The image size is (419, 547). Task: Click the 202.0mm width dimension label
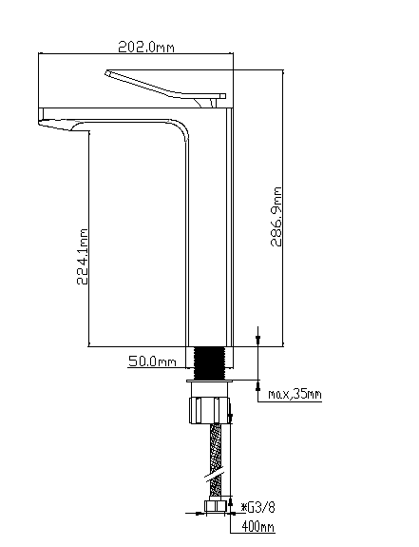click(146, 47)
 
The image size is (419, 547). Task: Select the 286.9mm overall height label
click(276, 217)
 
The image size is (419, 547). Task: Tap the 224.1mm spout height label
click(83, 257)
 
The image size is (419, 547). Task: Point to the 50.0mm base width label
click(152, 361)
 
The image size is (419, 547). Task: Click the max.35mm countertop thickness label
click(295, 394)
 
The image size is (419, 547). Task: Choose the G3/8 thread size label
click(260, 507)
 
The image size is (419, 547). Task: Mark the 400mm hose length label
click(257, 527)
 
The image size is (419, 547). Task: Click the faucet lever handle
click(165, 85)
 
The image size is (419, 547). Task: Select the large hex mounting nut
click(210, 410)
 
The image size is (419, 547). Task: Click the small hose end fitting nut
click(214, 506)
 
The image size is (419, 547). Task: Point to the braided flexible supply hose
click(216, 461)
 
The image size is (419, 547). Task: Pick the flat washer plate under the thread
click(209, 381)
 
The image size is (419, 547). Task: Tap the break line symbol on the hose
click(214, 476)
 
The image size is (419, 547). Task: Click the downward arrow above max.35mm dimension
click(258, 339)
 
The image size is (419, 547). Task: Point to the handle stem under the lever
click(205, 103)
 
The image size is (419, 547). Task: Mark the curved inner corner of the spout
click(181, 128)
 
